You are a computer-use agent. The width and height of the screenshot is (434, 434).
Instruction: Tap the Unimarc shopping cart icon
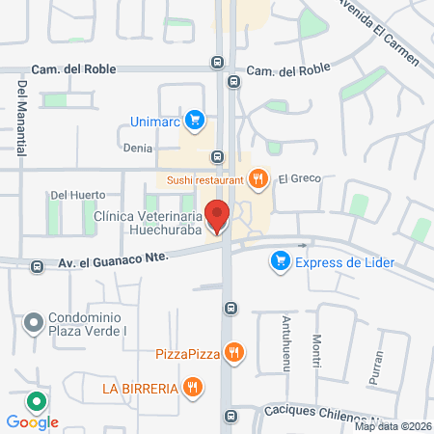pyautogui.click(x=196, y=121)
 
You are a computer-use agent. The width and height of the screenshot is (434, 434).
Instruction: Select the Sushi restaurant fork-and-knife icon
pyautogui.click(x=258, y=177)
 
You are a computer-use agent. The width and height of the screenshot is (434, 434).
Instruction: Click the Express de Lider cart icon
pyautogui.click(x=281, y=260)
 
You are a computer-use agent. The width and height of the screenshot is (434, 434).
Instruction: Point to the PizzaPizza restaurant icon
pyautogui.click(x=232, y=354)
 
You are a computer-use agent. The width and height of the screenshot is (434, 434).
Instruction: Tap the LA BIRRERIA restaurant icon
pyautogui.click(x=194, y=388)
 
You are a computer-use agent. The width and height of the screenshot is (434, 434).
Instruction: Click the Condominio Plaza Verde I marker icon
pyautogui.click(x=35, y=322)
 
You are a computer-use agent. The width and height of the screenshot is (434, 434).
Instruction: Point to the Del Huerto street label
pyautogui.click(x=70, y=195)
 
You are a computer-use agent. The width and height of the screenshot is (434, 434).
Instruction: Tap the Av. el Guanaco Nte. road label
pyautogui.click(x=113, y=258)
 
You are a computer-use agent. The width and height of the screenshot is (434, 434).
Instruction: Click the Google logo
pyautogui.click(x=32, y=421)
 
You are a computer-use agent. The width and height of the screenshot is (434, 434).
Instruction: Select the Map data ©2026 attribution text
pyautogui.click(x=392, y=426)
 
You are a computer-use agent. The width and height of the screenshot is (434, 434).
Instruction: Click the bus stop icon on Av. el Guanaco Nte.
pyautogui.click(x=37, y=266)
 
